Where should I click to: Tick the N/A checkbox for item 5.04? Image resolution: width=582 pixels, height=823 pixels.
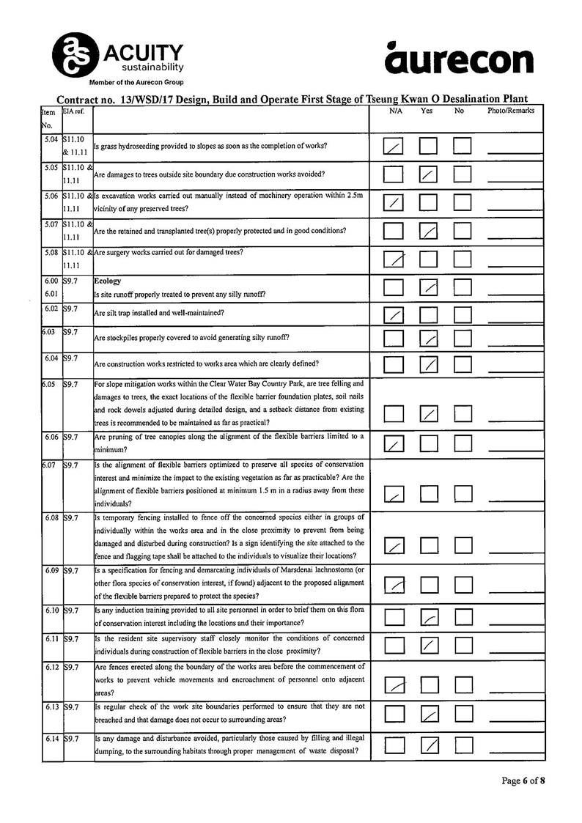394,147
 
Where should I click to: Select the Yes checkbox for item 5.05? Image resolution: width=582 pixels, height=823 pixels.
429,174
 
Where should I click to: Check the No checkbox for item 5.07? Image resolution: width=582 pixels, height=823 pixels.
462,231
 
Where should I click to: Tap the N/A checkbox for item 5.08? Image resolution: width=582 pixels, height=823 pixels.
394,259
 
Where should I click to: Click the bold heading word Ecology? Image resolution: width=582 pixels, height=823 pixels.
108,281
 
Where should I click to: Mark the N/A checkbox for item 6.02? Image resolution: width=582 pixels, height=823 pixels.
394,315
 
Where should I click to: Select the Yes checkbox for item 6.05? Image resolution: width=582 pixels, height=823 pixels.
429,413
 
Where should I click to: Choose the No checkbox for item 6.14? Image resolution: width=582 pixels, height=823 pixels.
463,745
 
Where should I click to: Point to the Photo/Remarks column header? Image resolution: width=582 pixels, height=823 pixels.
511,111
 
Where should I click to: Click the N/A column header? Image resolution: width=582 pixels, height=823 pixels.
396,111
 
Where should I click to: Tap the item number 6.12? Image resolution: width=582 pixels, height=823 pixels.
51,668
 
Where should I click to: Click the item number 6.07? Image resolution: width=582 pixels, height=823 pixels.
50,465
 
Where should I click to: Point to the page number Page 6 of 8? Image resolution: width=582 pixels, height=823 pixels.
523,780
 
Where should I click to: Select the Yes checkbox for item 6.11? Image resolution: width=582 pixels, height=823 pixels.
429,645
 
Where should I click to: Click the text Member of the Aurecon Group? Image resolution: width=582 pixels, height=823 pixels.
136,82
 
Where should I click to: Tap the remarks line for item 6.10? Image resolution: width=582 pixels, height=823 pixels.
515,625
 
